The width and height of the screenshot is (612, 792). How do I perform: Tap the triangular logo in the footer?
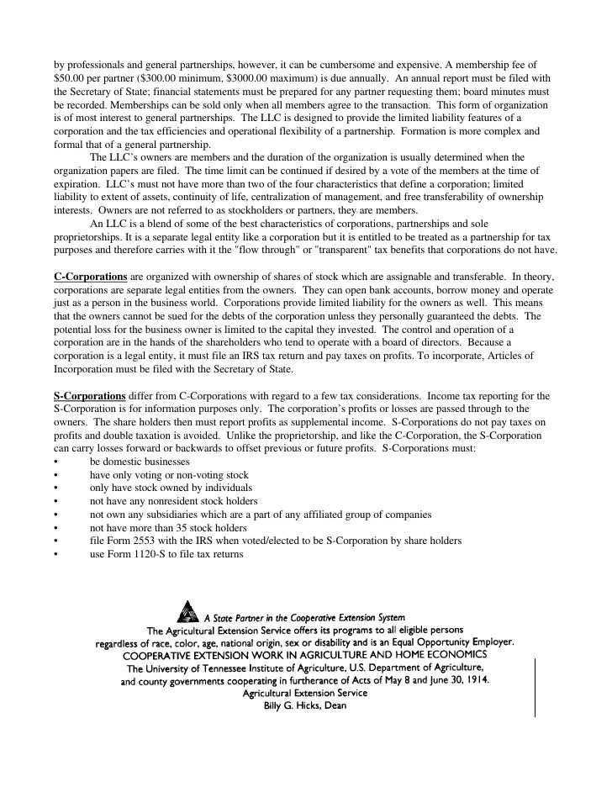190,607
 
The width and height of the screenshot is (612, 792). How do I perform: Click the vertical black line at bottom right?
534,688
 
